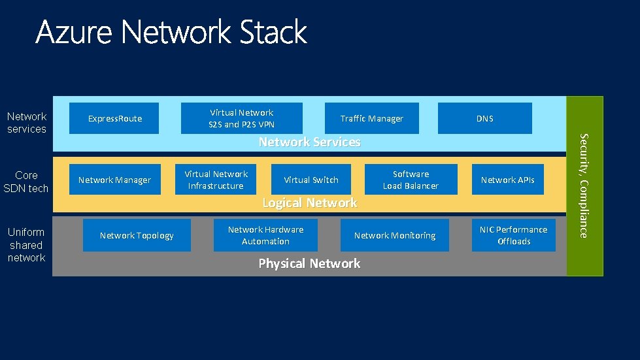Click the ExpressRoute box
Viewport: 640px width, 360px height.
tap(114, 118)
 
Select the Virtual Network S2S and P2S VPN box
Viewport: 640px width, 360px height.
tap(242, 118)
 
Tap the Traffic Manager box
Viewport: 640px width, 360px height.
tap(372, 118)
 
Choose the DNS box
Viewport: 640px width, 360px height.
tap(485, 118)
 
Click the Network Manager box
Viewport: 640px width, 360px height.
tap(114, 180)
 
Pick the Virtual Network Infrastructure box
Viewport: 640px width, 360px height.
tap(216, 180)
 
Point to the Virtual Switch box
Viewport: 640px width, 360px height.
tap(311, 180)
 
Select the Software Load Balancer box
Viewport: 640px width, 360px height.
tap(411, 180)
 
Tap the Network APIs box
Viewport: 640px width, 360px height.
tap(508, 180)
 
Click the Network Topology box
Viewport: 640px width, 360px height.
tap(137, 235)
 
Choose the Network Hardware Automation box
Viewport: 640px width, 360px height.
tap(265, 235)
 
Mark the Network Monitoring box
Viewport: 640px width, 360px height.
tap(395, 235)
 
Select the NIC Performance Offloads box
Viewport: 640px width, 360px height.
tap(513, 235)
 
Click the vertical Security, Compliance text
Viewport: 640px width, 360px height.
tap(584, 186)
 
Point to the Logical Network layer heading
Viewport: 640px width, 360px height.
tap(310, 203)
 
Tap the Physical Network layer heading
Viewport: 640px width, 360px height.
tap(309, 263)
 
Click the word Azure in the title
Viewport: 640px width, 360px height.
tap(74, 32)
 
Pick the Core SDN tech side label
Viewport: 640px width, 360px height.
tap(25, 182)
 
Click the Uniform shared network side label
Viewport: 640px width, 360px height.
tap(26, 244)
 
